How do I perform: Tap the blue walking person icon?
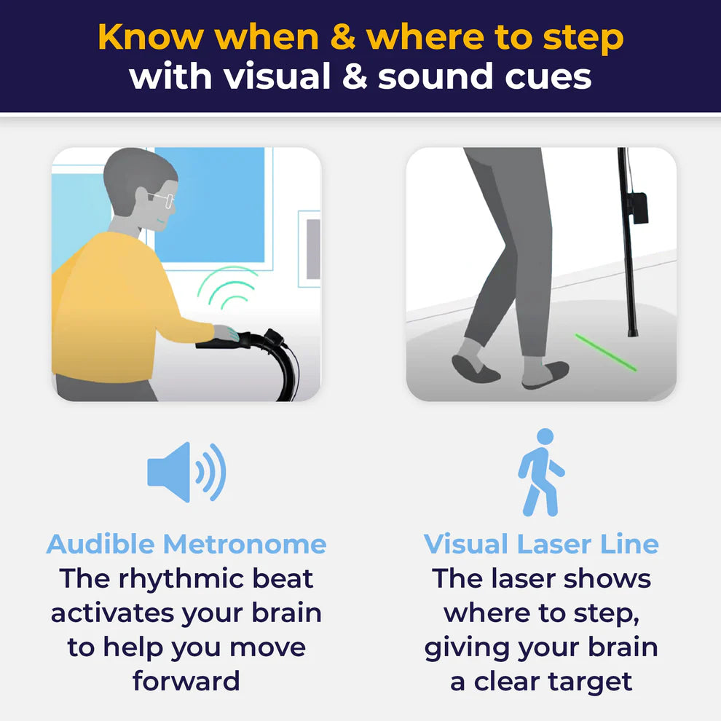pyautogui.click(x=540, y=472)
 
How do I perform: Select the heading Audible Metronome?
pyautogui.click(x=186, y=544)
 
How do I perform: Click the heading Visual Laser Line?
pyautogui.click(x=541, y=544)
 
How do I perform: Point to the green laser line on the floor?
pyautogui.click(x=606, y=352)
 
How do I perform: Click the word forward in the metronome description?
pyautogui.click(x=186, y=681)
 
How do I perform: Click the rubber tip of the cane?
pyautogui.click(x=633, y=331)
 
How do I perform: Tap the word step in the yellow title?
pyautogui.click(x=583, y=39)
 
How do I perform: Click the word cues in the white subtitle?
pyautogui.click(x=548, y=77)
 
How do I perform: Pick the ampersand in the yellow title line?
pyautogui.click(x=342, y=37)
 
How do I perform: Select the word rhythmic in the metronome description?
pyautogui.click(x=181, y=580)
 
